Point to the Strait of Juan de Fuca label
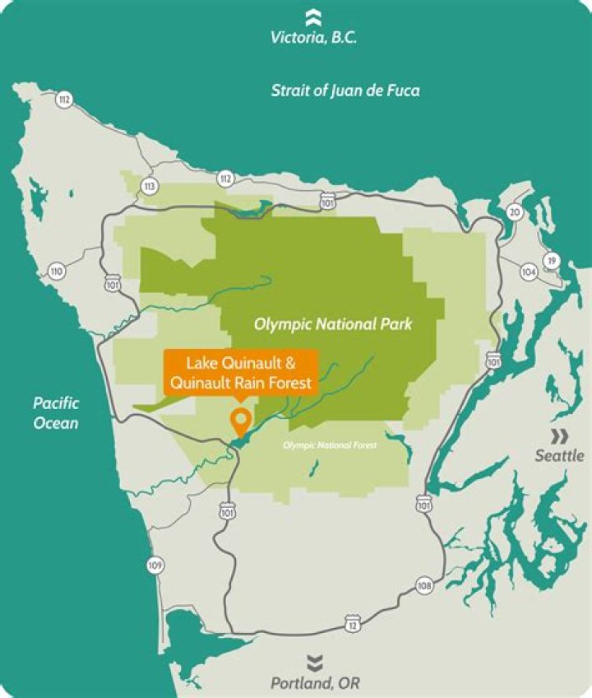[x=345, y=91]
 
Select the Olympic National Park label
[x=332, y=324]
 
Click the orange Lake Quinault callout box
[x=240, y=370]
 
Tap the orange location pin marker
[x=241, y=421]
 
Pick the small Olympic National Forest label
[x=329, y=445]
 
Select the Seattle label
[x=559, y=455]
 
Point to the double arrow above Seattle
[x=559, y=435]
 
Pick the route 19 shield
[x=552, y=261]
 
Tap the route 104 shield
[x=528, y=272]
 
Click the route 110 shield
[x=56, y=272]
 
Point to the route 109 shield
[x=155, y=565]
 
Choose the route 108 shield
[x=424, y=586]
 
